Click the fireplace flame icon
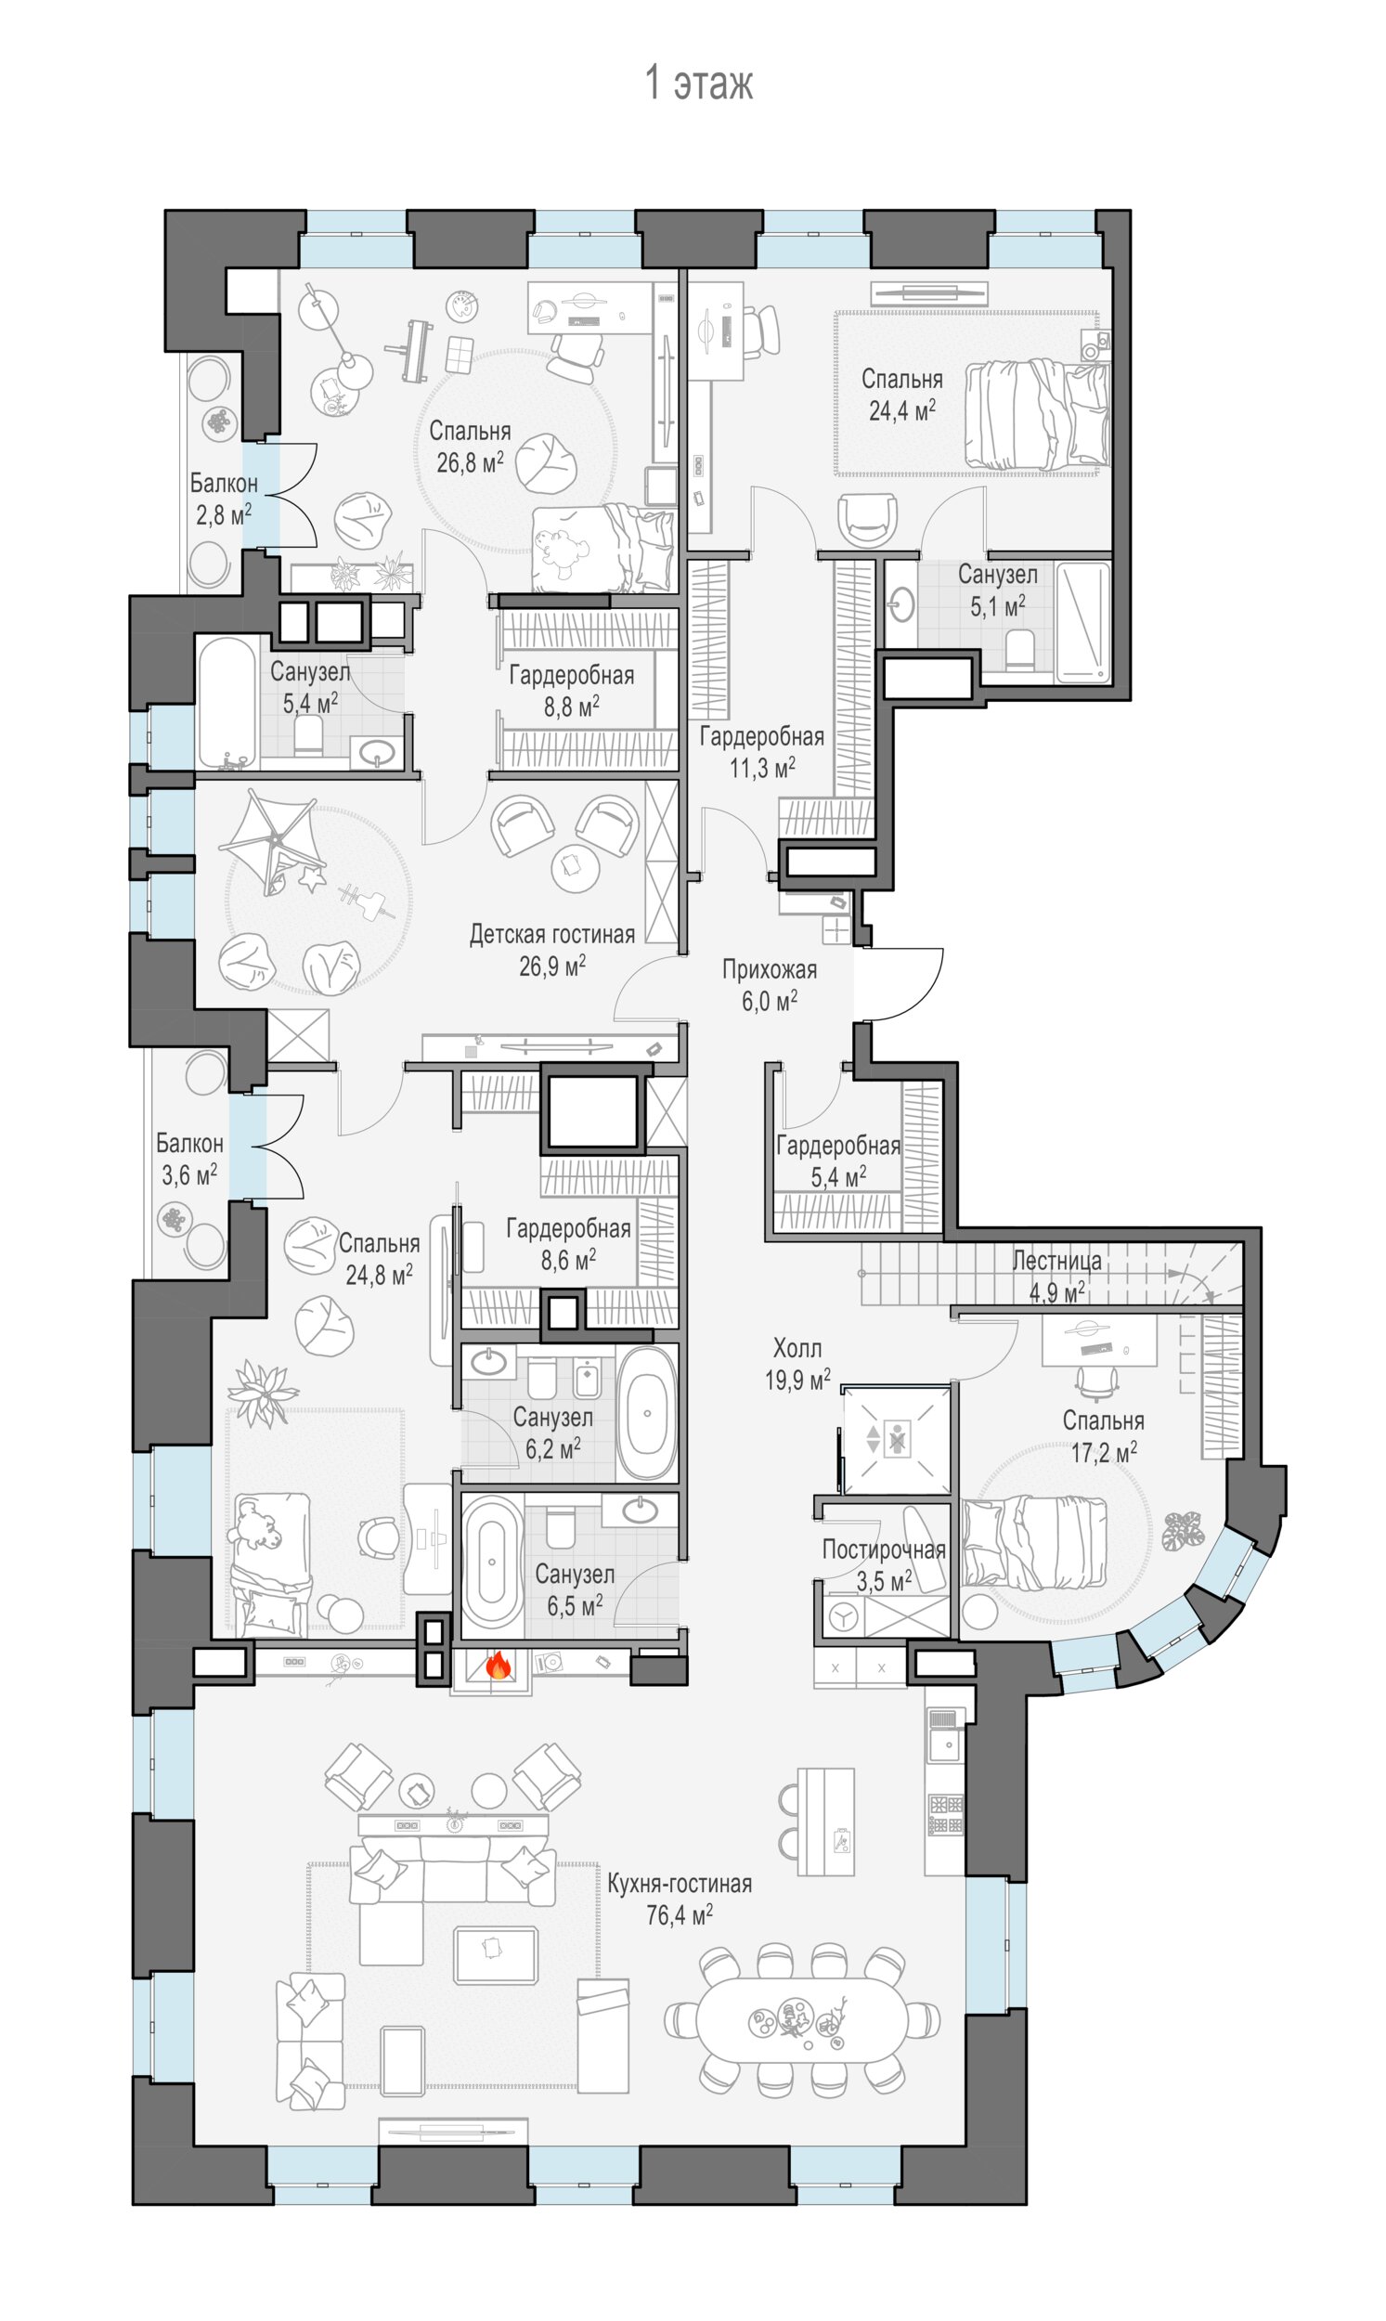(x=499, y=1664)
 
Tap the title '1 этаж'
(x=699, y=84)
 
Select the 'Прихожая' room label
(x=770, y=969)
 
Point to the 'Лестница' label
(x=1057, y=1261)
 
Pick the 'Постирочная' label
(x=884, y=1549)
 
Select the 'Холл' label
(x=797, y=1348)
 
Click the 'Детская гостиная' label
(x=552, y=934)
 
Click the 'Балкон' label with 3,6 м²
(x=189, y=1143)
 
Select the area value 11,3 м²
(x=762, y=768)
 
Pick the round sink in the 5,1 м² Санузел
(x=901, y=604)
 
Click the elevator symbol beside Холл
(x=896, y=1439)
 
